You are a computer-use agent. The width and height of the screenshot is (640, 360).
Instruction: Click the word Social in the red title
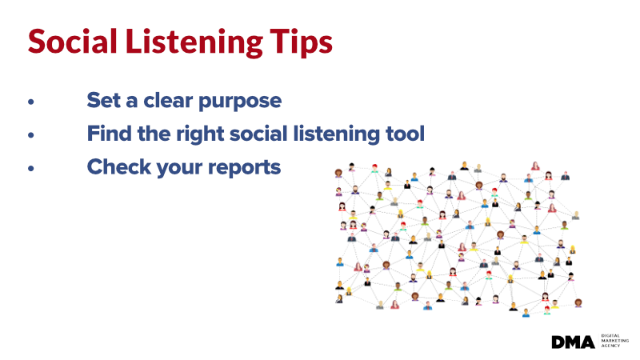tap(72, 42)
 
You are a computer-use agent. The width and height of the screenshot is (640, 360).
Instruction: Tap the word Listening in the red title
tap(194, 42)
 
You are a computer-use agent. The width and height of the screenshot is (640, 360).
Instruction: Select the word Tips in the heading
tap(302, 42)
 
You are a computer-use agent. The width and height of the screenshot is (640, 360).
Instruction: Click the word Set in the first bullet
tap(104, 100)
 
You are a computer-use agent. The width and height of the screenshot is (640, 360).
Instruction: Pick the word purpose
tap(240, 102)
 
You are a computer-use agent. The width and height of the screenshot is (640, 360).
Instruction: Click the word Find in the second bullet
tap(109, 134)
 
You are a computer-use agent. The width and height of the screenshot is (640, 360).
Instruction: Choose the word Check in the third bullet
tap(118, 167)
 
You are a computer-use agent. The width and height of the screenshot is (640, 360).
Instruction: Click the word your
tap(179, 169)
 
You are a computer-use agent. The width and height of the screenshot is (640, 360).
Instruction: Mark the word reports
tap(244, 169)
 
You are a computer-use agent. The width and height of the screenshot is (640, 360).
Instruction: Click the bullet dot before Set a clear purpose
tap(31, 102)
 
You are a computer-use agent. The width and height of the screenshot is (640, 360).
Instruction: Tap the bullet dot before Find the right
tap(31, 135)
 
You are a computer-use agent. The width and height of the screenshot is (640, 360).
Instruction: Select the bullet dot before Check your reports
tap(31, 168)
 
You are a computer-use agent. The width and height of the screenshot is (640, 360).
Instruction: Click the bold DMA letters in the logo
tap(573, 342)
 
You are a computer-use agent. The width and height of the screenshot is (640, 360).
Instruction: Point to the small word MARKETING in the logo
tap(614, 341)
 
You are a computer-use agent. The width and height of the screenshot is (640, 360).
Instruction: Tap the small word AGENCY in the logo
tap(610, 346)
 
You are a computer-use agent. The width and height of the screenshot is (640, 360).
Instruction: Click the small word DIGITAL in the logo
tap(610, 336)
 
